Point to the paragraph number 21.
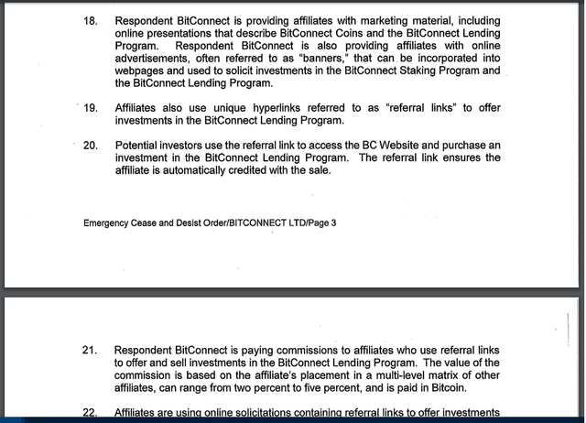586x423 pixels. (x=90, y=351)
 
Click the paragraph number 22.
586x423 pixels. (x=90, y=413)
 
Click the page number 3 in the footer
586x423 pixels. (x=333, y=222)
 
